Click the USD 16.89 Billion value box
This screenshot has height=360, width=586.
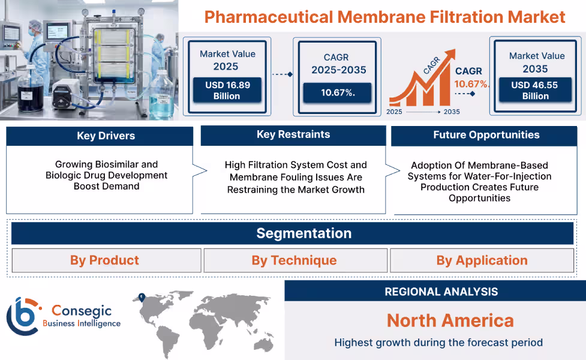(227, 91)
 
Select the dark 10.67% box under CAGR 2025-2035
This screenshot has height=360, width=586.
(336, 93)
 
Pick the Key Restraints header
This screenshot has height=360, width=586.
(293, 135)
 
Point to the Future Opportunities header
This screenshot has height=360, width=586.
(486, 136)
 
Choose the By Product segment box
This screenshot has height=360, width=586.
(105, 260)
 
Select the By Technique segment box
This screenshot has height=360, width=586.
(294, 260)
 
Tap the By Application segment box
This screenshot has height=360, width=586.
(482, 260)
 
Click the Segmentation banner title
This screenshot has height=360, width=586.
(303, 233)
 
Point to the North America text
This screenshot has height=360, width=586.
(450, 320)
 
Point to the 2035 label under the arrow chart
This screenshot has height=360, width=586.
(451, 112)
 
